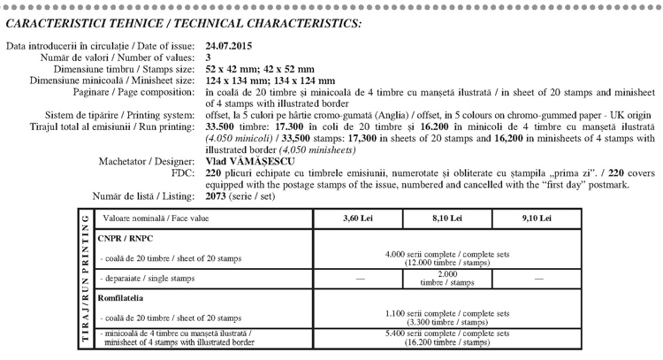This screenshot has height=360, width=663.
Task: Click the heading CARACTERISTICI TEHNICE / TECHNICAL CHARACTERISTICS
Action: coord(184,20)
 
